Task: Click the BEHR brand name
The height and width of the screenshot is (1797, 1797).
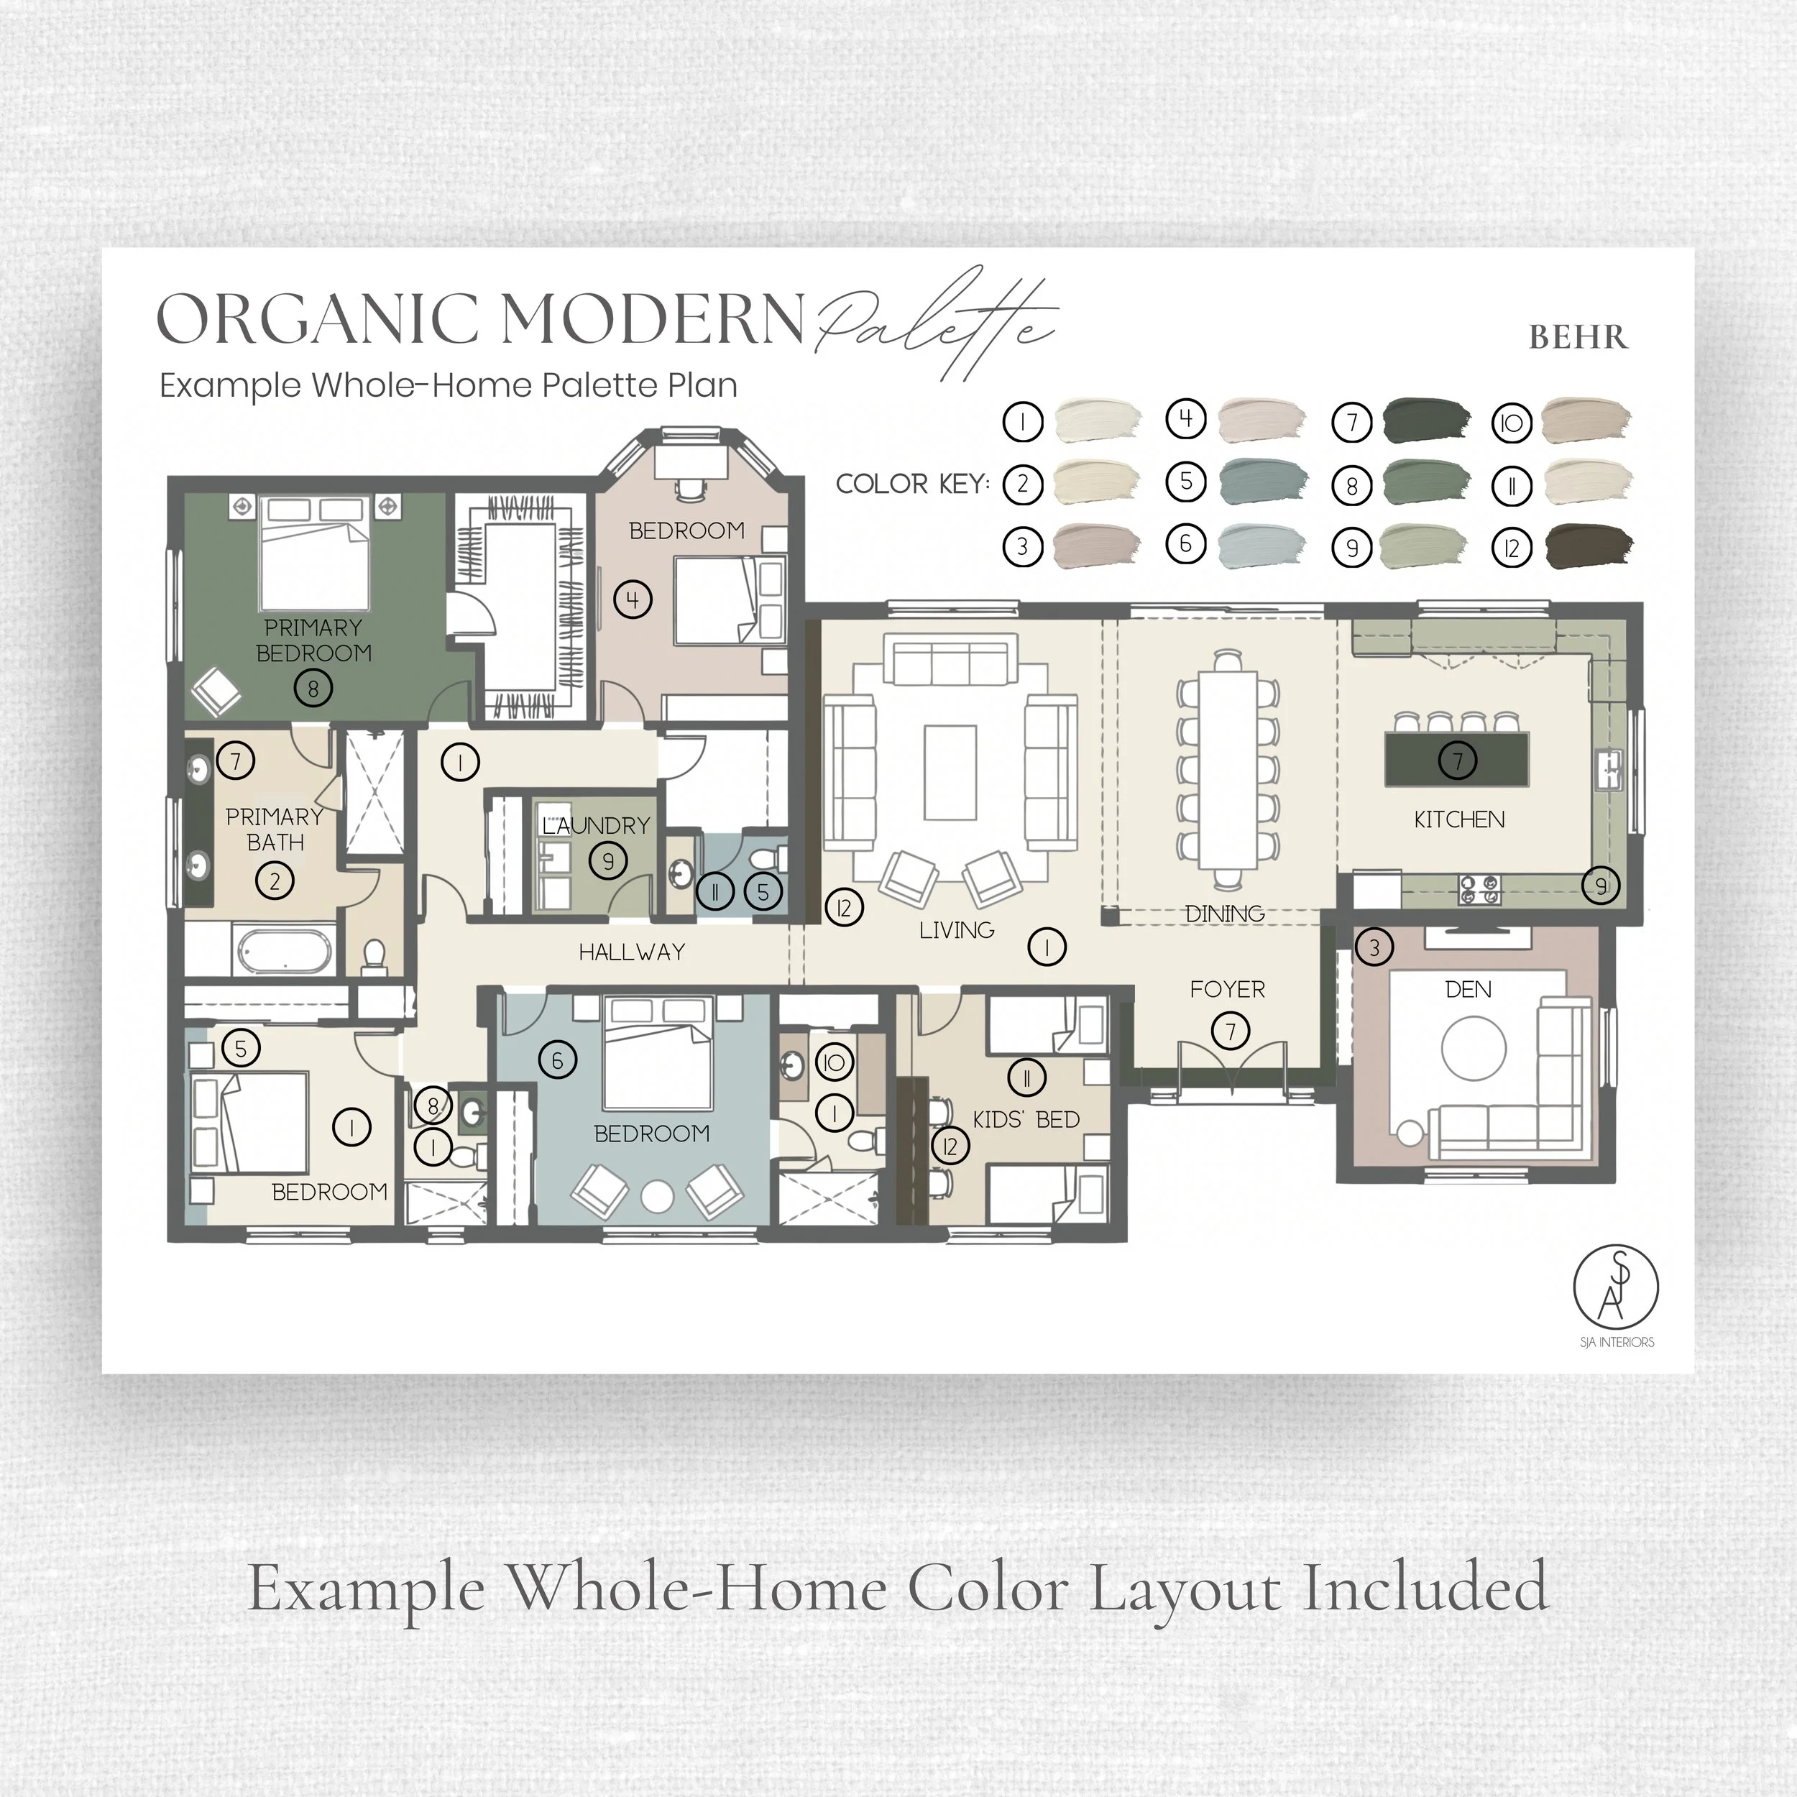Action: pyautogui.click(x=1578, y=336)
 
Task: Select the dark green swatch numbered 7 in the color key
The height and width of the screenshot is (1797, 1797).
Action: pyautogui.click(x=1427, y=421)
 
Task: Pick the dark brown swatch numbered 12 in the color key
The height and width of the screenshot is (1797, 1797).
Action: pyautogui.click(x=1589, y=547)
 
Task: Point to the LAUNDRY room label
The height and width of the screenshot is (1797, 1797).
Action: pyautogui.click(x=596, y=825)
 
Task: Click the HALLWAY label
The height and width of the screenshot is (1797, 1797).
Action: pyautogui.click(x=632, y=952)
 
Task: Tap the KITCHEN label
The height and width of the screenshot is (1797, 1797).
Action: pyautogui.click(x=1458, y=819)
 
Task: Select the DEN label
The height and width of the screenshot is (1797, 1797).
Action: pyautogui.click(x=1468, y=990)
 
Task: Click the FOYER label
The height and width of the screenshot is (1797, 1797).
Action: pyautogui.click(x=1227, y=990)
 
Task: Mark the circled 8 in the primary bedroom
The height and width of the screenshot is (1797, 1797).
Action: pyautogui.click(x=313, y=689)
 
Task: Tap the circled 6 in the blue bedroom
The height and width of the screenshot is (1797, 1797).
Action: pyautogui.click(x=557, y=1060)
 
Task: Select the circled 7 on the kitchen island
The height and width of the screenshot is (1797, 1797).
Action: pyautogui.click(x=1458, y=760)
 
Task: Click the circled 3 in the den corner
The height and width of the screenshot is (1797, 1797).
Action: pyautogui.click(x=1374, y=948)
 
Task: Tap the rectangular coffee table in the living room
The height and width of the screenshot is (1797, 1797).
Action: pyautogui.click(x=950, y=773)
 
